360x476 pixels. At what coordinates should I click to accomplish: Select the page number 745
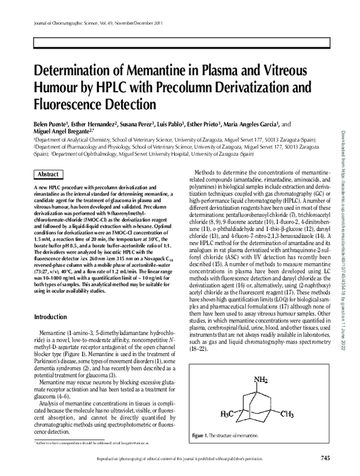click(x=325, y=459)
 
